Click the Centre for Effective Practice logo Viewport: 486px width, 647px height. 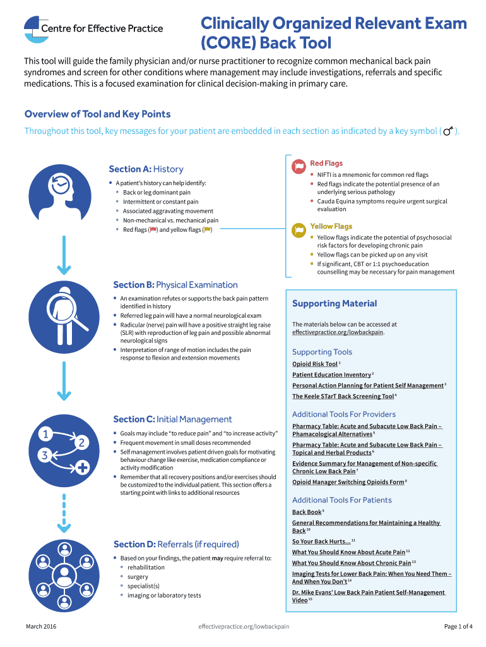point(93,29)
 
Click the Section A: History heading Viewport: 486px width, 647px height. point(146,169)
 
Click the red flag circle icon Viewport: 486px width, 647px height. point(299,167)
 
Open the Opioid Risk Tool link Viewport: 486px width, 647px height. point(314,364)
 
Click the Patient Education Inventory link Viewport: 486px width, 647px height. point(331,375)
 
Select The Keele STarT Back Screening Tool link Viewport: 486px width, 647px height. point(343,396)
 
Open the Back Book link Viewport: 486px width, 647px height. point(306,512)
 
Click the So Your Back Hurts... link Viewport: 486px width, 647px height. point(321,541)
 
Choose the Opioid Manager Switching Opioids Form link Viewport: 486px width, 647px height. point(348,482)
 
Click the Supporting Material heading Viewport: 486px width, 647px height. point(335,303)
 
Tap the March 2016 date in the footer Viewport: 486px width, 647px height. point(40,626)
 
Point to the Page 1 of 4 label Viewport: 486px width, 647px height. point(458,626)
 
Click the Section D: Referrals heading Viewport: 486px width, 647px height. point(176,544)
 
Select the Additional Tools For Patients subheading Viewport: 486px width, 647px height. point(341,500)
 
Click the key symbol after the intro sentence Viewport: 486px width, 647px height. point(448,131)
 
